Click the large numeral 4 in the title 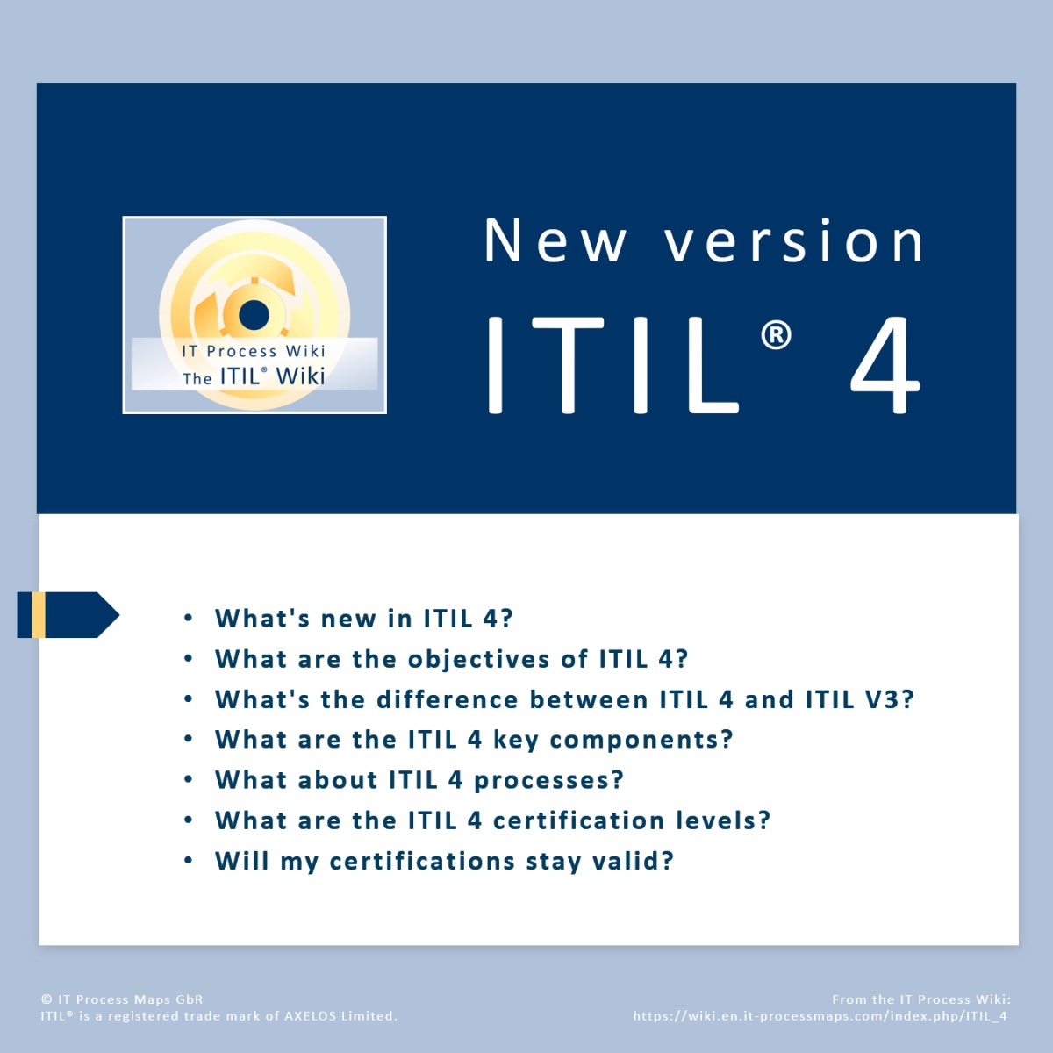(x=885, y=364)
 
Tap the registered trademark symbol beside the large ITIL (x=776, y=334)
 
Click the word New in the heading (x=555, y=240)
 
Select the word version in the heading (x=793, y=240)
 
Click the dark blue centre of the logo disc (x=254, y=315)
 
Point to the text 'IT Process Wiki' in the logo (x=254, y=351)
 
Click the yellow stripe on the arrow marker (x=39, y=615)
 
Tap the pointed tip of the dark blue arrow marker (x=119, y=615)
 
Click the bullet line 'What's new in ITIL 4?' (x=363, y=619)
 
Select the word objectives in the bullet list (x=479, y=659)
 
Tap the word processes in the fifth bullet (x=548, y=780)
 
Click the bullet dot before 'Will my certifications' (x=189, y=861)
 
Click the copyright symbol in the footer (x=47, y=999)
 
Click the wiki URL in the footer (x=820, y=1016)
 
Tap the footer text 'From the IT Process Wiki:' (x=921, y=999)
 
